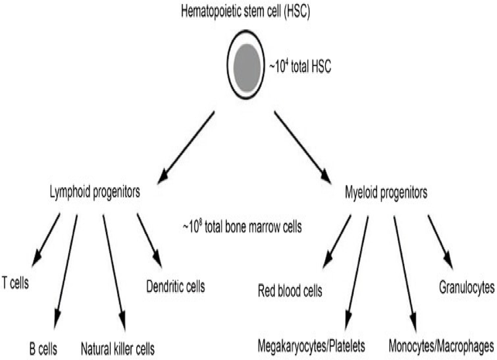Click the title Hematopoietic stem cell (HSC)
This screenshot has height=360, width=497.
coord(245,12)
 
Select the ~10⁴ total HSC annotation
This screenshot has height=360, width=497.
coord(300,67)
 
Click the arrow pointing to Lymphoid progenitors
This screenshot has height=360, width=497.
coord(186,147)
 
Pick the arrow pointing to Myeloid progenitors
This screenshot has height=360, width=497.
coord(303,147)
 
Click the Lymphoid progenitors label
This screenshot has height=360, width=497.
coord(94,192)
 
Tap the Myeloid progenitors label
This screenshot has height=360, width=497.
coord(386,192)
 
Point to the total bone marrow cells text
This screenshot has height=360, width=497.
coord(242,227)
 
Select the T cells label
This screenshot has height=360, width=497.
coord(15,283)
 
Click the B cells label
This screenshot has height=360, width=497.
coord(43,349)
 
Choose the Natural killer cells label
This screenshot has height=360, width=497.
coord(118,349)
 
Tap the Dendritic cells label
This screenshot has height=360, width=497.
coord(176,286)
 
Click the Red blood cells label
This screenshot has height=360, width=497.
coord(290,291)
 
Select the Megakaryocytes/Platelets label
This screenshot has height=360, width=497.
coord(311,346)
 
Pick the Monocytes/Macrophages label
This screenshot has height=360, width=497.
coord(441,346)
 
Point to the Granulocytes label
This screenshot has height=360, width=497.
coord(467,287)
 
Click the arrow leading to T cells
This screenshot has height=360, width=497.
coord(46,239)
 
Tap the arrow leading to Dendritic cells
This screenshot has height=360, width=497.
coord(149,241)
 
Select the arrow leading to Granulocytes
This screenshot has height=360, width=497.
coord(440,242)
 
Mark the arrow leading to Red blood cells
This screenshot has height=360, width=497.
coord(337,242)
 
